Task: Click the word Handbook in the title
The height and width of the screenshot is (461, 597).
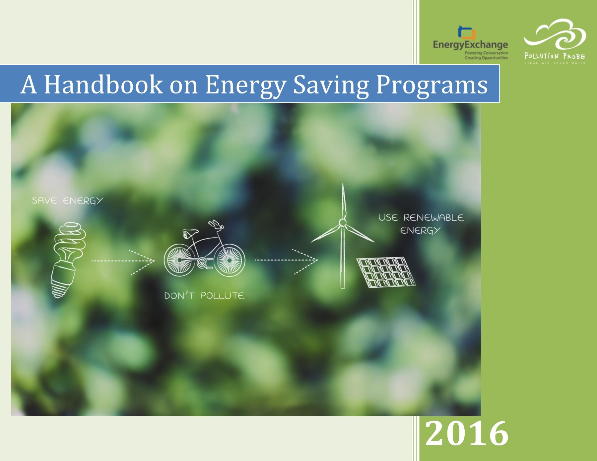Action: click(103, 85)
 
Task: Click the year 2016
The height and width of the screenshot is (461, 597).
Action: click(467, 433)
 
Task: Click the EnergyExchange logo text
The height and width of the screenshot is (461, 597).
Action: click(470, 45)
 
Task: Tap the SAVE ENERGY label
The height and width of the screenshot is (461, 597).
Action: click(67, 201)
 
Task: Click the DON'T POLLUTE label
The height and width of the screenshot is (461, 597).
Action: click(204, 296)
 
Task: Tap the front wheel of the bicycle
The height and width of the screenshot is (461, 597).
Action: click(230, 260)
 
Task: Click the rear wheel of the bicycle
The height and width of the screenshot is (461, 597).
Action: click(179, 260)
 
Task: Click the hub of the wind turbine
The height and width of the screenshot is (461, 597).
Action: click(343, 222)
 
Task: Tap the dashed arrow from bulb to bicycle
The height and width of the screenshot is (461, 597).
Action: click(123, 261)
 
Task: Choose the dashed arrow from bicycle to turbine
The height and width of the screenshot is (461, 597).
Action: click(286, 260)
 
